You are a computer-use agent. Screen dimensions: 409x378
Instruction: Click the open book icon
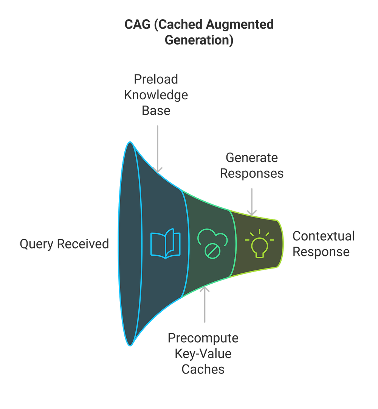[165, 244]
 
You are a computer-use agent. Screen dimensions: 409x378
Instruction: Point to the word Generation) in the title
[199, 40]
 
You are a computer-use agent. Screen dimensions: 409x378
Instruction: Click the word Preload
[156, 80]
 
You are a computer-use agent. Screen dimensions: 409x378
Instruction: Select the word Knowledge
[156, 95]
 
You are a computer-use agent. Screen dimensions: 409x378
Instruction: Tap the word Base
[156, 110]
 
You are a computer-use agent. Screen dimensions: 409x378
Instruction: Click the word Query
[36, 244]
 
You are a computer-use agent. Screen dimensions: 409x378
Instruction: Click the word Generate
[251, 158]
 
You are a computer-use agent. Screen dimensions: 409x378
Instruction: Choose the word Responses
[252, 173]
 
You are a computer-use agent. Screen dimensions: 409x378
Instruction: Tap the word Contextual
[324, 236]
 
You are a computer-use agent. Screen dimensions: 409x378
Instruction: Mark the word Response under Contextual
[321, 252]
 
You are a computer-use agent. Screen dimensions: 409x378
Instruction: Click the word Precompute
[203, 338]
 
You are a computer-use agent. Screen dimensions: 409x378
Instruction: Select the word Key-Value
[203, 353]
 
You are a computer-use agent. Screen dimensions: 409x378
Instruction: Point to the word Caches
[203, 369]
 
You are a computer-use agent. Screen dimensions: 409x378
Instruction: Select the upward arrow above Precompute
[204, 304]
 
